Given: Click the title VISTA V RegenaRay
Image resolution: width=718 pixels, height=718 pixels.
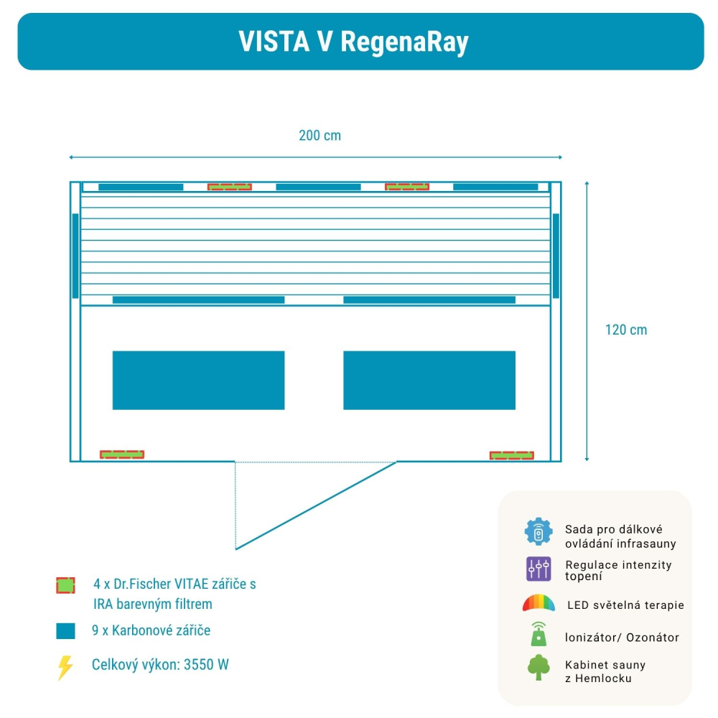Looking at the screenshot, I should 353,42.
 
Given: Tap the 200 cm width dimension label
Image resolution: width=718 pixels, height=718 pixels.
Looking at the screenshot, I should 320,136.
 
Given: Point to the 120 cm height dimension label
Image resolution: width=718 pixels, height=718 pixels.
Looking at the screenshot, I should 625,330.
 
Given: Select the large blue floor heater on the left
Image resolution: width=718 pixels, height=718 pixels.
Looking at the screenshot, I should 198,380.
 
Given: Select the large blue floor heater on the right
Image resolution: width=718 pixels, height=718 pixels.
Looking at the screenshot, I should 429,380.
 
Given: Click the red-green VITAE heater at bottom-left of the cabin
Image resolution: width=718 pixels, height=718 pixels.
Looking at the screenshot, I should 122,454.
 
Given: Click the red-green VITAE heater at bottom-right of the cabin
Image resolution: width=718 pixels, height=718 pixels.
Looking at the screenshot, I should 511,455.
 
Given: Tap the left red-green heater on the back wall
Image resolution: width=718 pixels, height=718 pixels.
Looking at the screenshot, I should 230,187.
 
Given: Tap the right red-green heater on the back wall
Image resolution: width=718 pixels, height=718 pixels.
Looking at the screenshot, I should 407,187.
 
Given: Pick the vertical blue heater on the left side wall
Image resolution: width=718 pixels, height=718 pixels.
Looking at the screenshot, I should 75,256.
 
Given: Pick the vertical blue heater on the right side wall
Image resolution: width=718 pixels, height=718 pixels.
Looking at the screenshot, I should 556,256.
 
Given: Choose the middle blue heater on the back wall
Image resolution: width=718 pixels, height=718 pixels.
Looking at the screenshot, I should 318,187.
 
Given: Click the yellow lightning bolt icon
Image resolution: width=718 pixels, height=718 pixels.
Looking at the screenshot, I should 65,667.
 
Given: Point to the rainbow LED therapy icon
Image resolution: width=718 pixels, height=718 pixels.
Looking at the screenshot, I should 538,603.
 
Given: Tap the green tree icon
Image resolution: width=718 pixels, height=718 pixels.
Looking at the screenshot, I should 538,667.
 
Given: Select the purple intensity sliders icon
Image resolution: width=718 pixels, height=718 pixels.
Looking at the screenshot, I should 538,569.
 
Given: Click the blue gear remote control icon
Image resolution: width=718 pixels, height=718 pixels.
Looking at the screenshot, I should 538,532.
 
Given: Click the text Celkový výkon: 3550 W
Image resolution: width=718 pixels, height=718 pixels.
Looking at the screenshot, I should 160,665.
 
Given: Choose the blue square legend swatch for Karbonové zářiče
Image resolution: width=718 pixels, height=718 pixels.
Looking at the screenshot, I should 65,631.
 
